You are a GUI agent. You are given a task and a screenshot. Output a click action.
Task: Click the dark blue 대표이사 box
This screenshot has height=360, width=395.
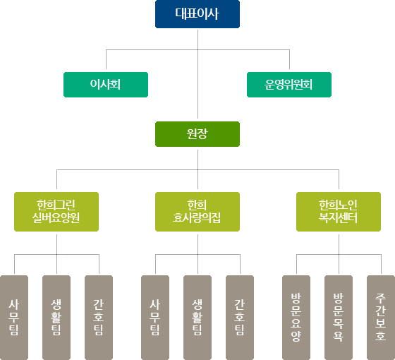point(197,14)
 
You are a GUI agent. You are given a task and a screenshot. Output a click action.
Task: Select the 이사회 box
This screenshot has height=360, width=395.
point(106,85)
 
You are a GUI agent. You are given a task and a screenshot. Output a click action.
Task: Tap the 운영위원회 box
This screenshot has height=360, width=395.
point(289,85)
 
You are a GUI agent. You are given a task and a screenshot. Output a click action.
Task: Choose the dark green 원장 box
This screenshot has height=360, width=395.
point(197,134)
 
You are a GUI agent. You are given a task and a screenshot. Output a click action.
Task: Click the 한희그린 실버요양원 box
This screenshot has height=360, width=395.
point(56,212)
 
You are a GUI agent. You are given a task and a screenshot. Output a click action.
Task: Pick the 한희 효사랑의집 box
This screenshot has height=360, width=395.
point(197,212)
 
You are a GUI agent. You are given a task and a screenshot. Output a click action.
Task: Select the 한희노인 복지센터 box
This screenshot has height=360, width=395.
point(339,212)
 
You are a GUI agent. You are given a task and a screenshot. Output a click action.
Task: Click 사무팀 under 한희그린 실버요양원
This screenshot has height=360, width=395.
point(14,318)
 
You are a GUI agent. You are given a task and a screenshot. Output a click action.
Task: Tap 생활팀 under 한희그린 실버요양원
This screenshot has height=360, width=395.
point(56,318)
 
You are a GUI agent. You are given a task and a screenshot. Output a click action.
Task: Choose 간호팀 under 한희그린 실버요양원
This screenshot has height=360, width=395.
point(99,318)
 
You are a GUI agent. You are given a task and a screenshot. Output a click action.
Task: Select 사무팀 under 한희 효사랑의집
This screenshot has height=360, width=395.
point(155,318)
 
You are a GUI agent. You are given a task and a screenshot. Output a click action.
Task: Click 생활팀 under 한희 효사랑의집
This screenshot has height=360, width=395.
point(197,318)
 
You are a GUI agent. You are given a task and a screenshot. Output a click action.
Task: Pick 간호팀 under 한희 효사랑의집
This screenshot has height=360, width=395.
point(240,318)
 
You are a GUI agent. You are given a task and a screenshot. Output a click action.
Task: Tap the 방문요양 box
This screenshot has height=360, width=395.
point(296,318)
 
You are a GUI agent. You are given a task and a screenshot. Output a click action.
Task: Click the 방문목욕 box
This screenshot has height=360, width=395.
point(339,318)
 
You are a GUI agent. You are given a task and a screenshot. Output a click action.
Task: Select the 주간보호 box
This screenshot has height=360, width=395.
point(381,318)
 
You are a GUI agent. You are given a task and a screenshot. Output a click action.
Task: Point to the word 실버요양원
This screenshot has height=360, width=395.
point(56,218)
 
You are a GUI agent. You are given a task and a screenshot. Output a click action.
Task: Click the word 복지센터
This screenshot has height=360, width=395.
point(338,218)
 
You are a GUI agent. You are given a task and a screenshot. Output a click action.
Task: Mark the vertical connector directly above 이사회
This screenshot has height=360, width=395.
point(106,59)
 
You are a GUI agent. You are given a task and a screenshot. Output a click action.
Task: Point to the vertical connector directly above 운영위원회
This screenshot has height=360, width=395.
point(289,59)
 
